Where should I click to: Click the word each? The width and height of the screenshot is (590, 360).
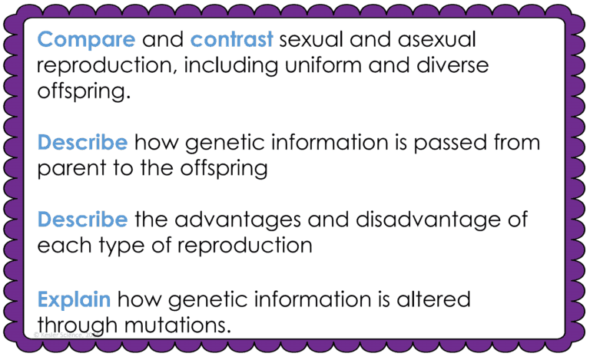tap(60, 246)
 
